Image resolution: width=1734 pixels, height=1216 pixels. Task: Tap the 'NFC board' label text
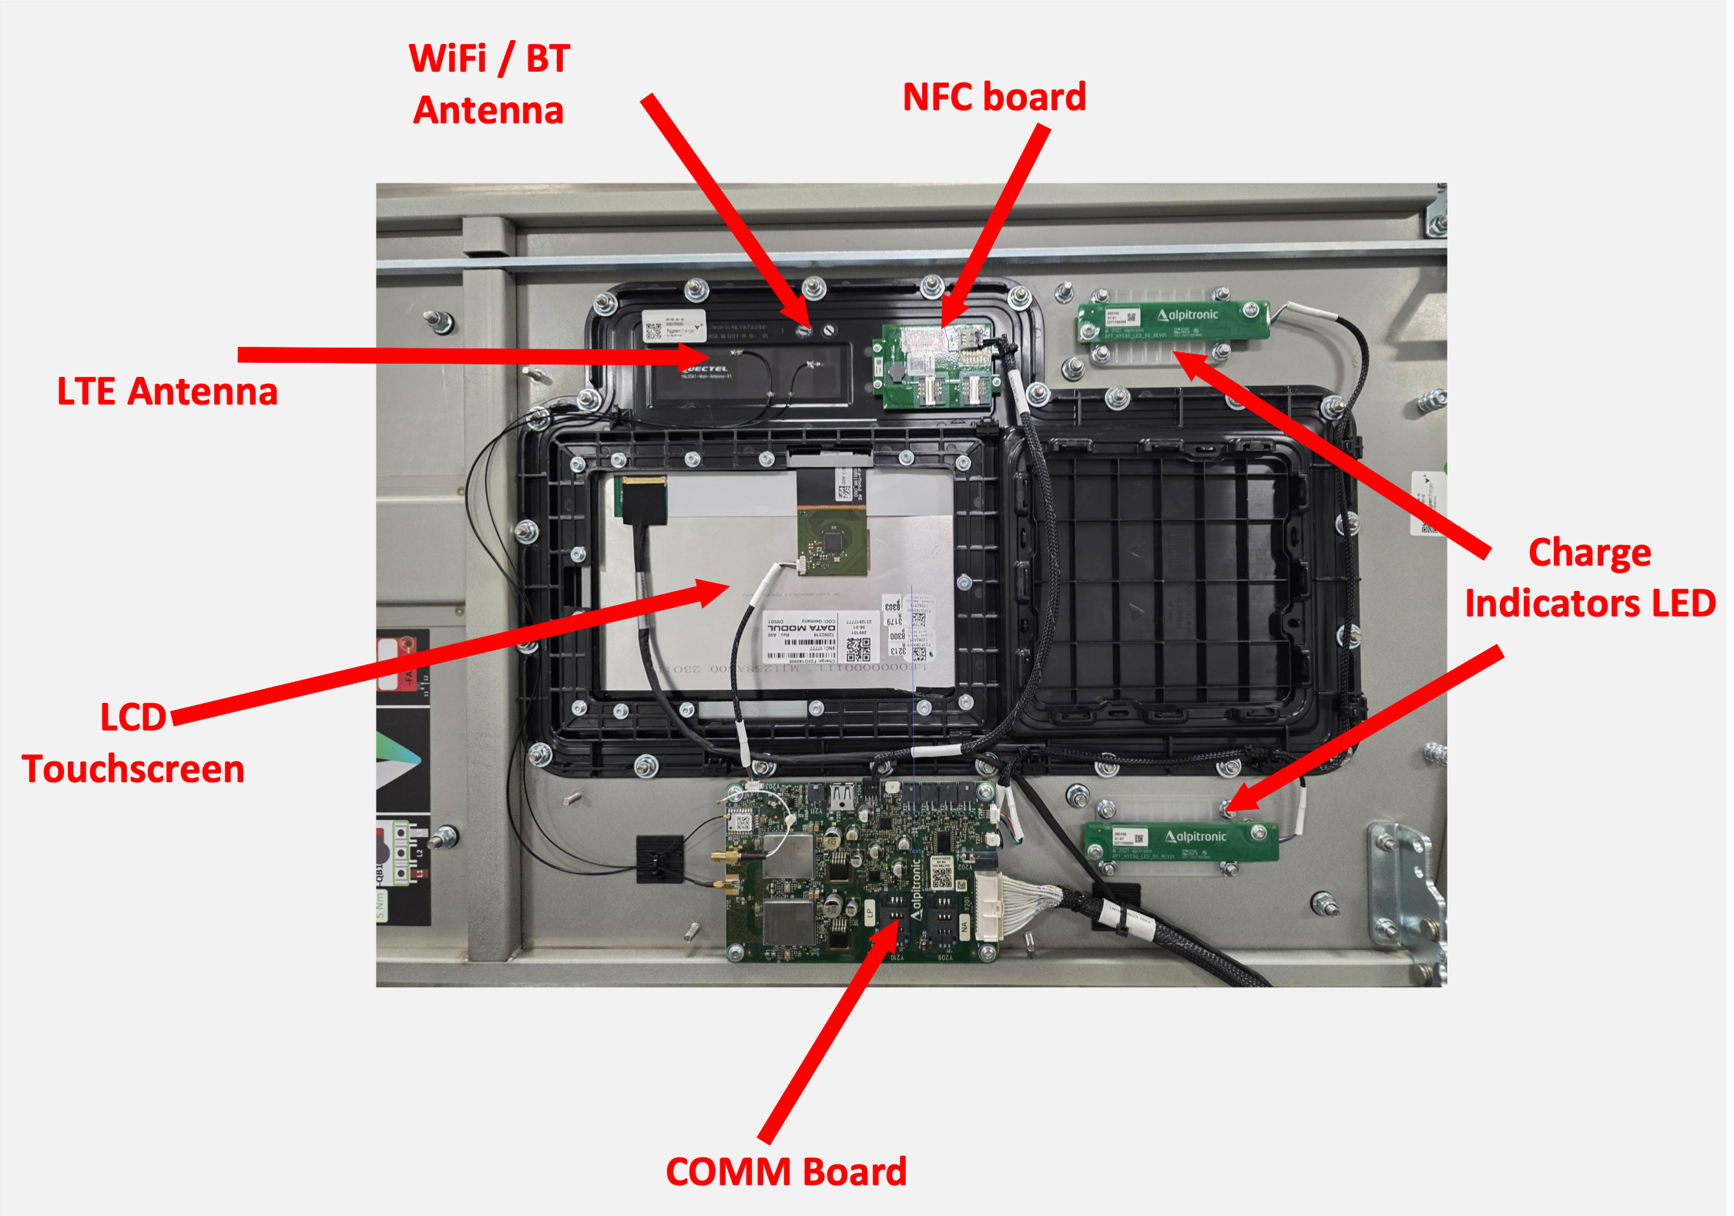pos(994,97)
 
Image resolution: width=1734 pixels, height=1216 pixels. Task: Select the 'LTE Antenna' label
pos(167,391)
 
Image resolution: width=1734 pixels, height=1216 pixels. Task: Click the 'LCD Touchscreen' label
pos(132,744)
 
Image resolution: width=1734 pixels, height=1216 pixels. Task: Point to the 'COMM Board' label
pos(786,1172)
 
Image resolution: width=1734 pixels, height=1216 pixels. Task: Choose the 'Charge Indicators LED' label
pos(1590,578)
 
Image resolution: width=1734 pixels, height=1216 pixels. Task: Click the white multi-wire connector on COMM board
pos(989,906)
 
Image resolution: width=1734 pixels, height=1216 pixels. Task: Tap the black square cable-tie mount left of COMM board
pos(659,858)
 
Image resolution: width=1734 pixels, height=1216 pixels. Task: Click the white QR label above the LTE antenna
pos(673,326)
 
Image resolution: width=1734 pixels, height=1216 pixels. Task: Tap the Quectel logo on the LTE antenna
pos(705,370)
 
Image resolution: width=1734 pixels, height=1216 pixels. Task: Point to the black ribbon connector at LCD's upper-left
pos(645,499)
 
